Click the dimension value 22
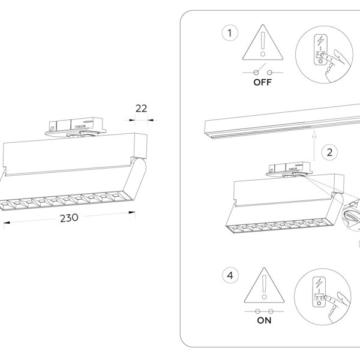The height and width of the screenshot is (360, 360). pos(141,109)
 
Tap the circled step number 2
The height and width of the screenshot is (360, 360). pos(328,152)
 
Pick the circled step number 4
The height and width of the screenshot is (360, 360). pos(227,276)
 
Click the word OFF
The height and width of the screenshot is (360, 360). pos(263,83)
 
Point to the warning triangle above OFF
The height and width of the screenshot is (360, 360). pos(263,46)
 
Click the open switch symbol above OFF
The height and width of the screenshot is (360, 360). pos(263,71)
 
